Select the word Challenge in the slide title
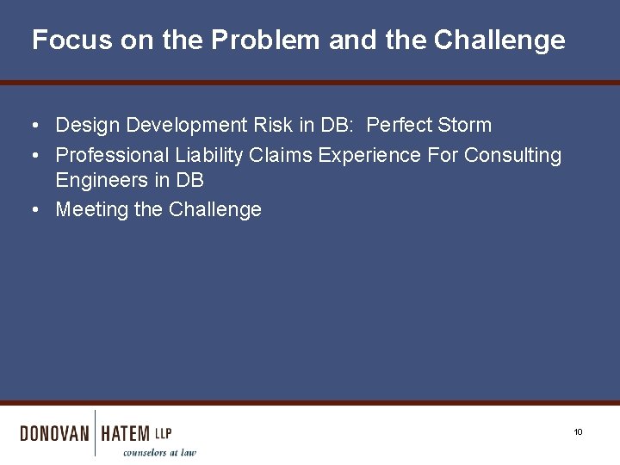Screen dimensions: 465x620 499,40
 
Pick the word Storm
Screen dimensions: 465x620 464,125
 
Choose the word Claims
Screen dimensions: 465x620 282,155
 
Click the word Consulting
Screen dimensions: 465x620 512,156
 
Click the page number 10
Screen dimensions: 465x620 578,432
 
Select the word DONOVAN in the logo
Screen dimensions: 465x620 54,433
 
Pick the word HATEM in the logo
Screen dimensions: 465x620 125,433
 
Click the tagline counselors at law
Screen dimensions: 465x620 159,452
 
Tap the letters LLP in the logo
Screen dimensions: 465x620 163,433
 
